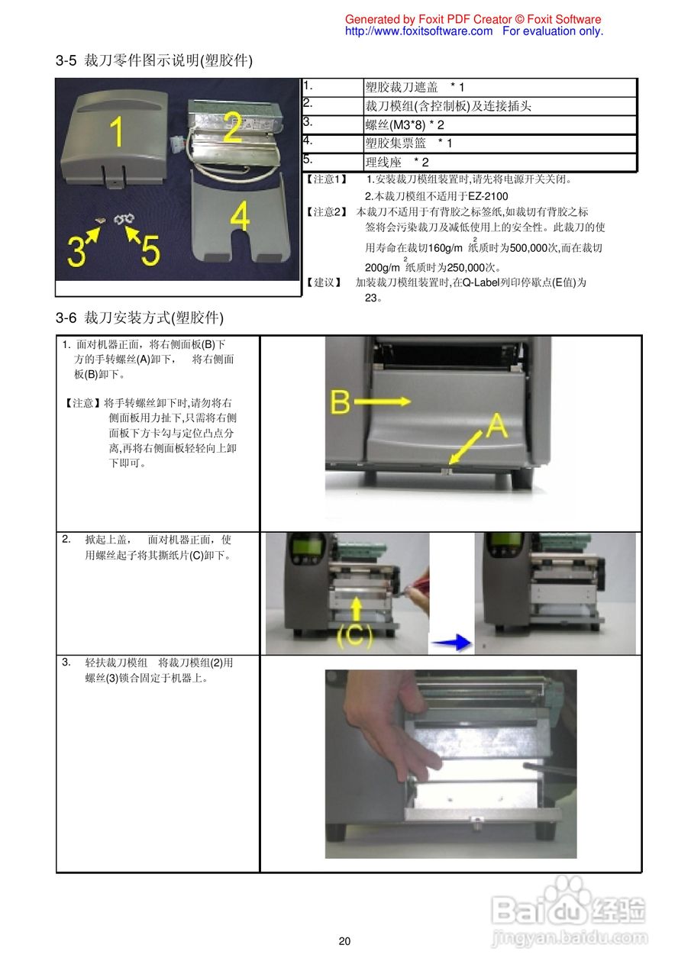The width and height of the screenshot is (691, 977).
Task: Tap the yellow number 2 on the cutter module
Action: click(x=232, y=127)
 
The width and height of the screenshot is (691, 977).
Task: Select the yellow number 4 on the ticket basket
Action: click(x=239, y=218)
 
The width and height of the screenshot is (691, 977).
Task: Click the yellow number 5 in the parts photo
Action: click(x=150, y=250)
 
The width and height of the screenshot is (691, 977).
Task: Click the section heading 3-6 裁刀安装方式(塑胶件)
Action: click(x=140, y=317)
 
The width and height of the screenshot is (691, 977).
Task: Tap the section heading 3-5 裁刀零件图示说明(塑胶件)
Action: click(x=153, y=60)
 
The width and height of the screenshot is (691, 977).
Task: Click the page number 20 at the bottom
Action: click(x=345, y=941)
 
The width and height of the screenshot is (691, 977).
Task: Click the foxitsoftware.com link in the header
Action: click(x=418, y=31)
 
